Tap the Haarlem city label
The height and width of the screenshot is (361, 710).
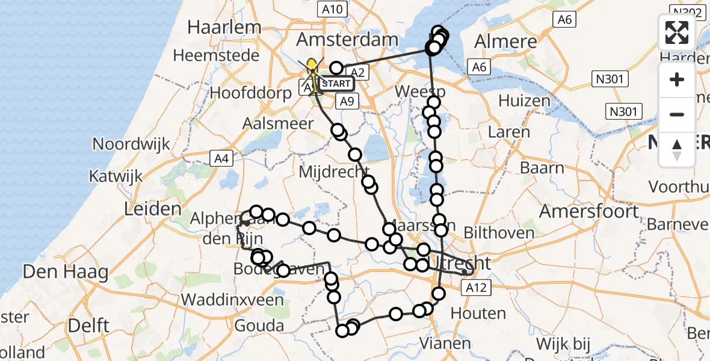pyautogui.click(x=224, y=27)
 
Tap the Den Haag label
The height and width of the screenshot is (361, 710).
pyautogui.click(x=66, y=273)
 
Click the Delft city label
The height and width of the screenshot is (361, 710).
pyautogui.click(x=88, y=326)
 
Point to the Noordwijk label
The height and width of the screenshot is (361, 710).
pyautogui.click(x=131, y=144)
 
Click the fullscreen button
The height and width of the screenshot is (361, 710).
pyautogui.click(x=677, y=32)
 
